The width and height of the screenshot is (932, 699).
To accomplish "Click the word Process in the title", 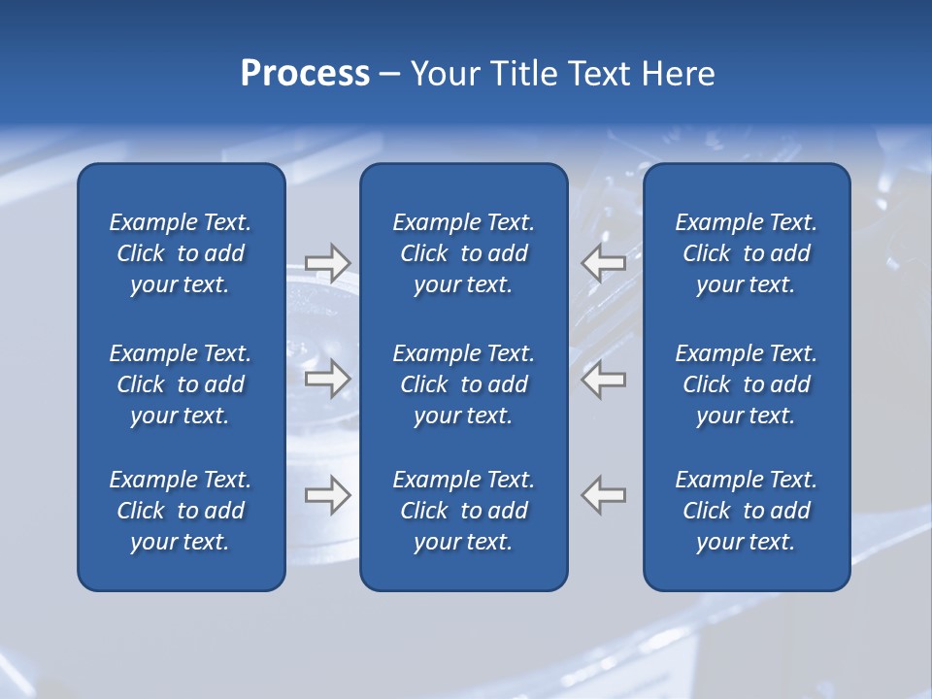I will point(305,74).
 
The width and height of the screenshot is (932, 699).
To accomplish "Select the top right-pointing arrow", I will point(327,262).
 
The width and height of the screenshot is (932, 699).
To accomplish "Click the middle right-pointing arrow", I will point(327,379).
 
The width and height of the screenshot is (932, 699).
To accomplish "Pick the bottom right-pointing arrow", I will point(327,495).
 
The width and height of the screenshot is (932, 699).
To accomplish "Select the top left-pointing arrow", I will point(604,262).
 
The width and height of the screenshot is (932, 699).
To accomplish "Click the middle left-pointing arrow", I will point(604,379).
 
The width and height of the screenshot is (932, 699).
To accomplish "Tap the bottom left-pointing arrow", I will point(604,495).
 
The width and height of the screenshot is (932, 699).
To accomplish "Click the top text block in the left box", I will point(181,253).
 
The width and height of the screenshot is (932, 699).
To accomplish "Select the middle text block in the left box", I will point(181,384).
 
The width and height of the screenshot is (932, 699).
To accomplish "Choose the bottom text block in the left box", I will point(181,511).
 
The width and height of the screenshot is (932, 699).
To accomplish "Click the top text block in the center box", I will point(464,253).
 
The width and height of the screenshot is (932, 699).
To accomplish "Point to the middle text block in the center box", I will point(464,384).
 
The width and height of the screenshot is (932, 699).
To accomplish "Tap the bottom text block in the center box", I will point(464,511).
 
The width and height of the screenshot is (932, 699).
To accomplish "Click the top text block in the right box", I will point(747,253).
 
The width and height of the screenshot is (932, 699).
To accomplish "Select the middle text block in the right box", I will point(747,384).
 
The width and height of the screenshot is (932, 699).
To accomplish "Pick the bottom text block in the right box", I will point(747,511).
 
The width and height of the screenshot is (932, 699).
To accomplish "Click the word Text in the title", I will point(598,74).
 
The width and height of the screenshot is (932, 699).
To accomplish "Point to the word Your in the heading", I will point(444,74).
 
